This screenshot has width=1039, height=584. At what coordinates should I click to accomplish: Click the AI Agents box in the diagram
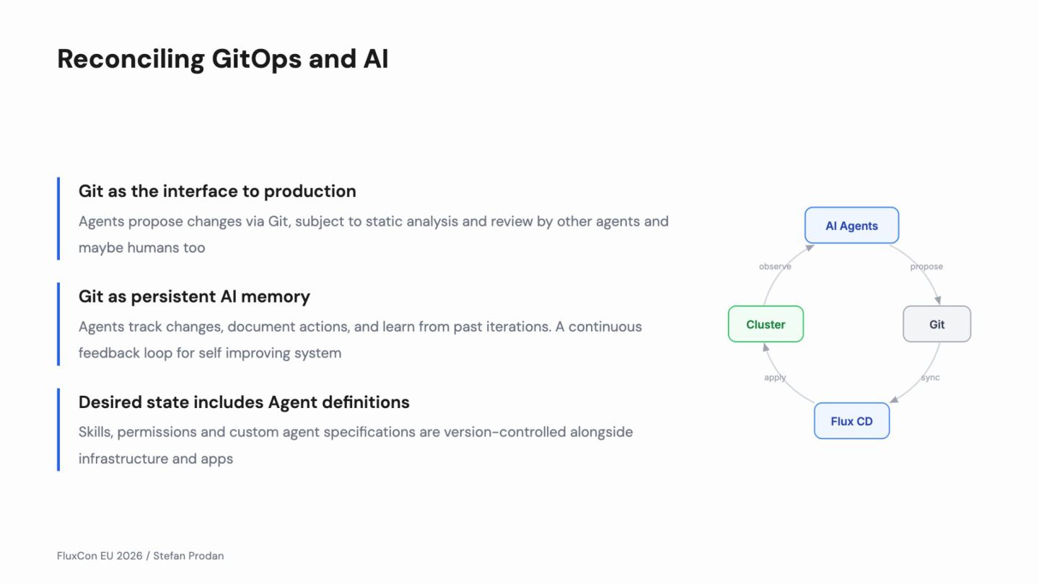point(851,226)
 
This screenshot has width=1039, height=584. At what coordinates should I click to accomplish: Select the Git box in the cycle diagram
point(937,324)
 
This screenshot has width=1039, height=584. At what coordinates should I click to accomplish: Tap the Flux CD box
point(851,421)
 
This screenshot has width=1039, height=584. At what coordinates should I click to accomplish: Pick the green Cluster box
point(766,324)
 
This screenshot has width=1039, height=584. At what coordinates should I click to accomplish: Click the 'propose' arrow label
point(926,267)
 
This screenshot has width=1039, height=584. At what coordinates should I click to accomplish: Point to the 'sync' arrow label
point(930,378)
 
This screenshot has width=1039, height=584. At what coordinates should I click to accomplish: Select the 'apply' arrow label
point(775,378)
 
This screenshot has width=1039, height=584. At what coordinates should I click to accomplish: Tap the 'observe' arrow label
point(775,267)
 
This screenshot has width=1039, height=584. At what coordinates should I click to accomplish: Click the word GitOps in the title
point(256,59)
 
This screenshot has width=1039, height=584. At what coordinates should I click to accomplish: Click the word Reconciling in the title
point(130,59)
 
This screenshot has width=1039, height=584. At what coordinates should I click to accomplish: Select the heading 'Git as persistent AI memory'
point(194,296)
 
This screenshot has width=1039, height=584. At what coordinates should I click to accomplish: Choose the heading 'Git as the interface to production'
point(217,191)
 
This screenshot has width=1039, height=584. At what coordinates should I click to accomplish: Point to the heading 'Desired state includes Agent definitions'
point(244,402)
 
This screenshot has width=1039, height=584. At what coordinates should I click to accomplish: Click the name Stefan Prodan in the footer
point(188,556)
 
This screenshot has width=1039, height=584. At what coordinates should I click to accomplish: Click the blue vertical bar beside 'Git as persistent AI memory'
point(58,324)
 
